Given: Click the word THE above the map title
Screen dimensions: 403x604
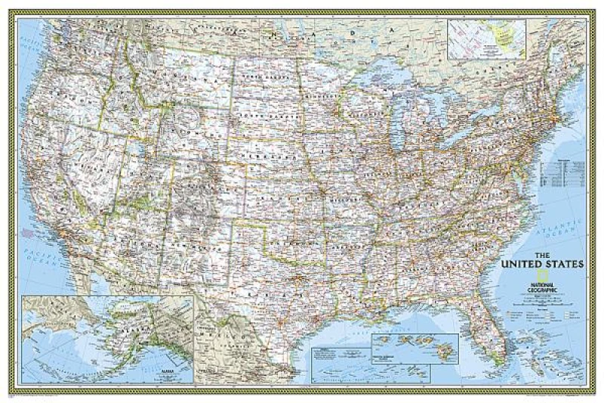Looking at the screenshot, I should (x=546, y=255).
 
